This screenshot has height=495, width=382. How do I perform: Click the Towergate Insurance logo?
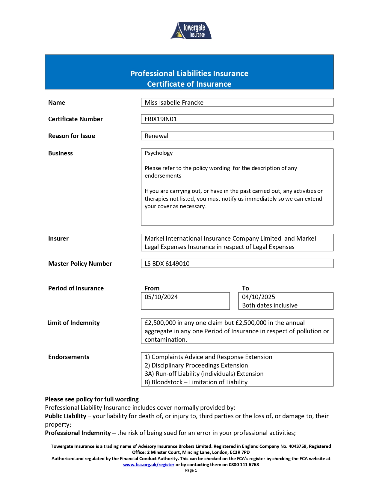click(191, 31)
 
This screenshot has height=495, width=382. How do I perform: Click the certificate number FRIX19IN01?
click(161, 119)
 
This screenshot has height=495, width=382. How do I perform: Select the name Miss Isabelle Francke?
click(174, 103)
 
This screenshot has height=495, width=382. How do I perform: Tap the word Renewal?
click(156, 136)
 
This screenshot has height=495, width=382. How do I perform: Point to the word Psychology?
click(159, 153)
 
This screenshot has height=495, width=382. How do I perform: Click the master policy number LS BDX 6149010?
click(167, 264)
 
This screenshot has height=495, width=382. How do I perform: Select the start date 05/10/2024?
click(161, 297)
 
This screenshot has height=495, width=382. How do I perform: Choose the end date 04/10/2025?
click(259, 297)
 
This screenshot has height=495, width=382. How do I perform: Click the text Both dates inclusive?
click(270, 305)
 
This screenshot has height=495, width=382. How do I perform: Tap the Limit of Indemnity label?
click(74, 323)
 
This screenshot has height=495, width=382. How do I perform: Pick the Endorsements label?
click(69, 357)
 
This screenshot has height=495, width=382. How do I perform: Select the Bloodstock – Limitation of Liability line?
click(200, 382)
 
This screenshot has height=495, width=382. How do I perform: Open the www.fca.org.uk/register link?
click(149, 465)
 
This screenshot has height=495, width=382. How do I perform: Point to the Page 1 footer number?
click(191, 470)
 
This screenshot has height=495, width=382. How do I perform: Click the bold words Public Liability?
click(66, 416)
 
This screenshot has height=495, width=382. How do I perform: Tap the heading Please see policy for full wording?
click(92, 399)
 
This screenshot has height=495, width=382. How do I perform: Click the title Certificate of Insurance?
click(189, 84)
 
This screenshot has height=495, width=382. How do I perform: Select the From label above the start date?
click(152, 288)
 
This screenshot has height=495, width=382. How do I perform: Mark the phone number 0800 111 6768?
click(244, 465)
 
